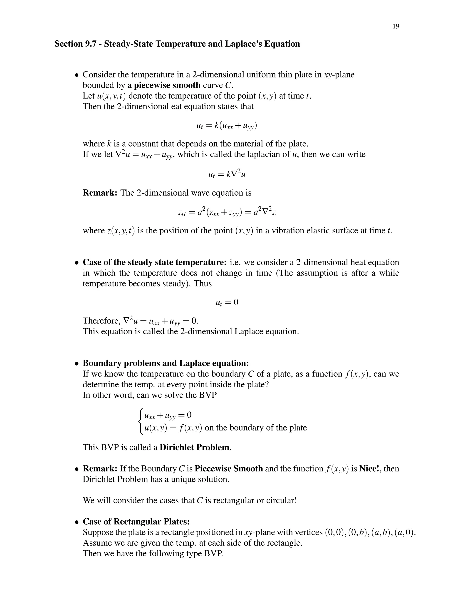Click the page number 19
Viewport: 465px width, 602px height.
click(x=396, y=26)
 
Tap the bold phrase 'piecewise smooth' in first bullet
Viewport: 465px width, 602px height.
click(x=167, y=85)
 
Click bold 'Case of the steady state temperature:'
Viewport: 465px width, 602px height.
click(x=155, y=262)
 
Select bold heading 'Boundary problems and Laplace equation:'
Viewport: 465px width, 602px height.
click(x=166, y=363)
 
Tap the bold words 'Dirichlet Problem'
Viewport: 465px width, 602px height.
click(x=195, y=447)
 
